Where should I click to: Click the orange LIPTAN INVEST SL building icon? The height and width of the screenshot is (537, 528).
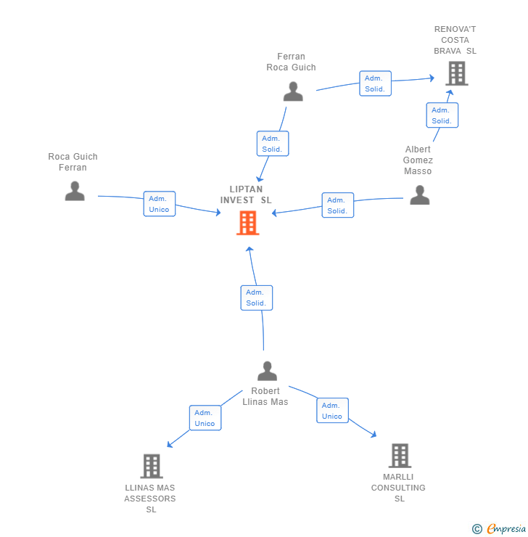[248, 223]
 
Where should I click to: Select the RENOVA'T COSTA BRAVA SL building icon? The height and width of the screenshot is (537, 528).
[457, 73]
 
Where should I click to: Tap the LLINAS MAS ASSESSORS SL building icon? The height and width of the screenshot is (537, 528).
[152, 466]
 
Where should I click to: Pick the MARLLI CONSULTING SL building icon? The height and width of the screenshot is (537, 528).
[400, 456]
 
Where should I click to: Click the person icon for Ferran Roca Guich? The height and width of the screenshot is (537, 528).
[293, 91]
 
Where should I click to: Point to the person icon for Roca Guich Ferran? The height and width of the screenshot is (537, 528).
[75, 191]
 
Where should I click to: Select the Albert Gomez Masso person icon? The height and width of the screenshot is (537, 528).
[419, 195]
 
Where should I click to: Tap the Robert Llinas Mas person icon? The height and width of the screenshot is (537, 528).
[267, 371]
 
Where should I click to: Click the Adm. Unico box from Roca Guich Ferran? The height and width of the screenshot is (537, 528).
[160, 204]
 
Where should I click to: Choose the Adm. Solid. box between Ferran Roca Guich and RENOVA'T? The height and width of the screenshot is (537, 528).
[376, 83]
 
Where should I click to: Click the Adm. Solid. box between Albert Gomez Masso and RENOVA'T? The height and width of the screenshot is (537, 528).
[442, 115]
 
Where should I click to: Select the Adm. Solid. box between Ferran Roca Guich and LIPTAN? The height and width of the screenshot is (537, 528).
[273, 144]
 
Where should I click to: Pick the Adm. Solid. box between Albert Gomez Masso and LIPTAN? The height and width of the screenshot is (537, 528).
[338, 205]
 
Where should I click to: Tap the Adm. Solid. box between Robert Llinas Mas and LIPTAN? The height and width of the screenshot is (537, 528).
[257, 298]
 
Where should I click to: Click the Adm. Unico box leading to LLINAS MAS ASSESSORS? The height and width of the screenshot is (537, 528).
[205, 418]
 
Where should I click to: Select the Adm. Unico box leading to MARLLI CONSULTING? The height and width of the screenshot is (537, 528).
[333, 410]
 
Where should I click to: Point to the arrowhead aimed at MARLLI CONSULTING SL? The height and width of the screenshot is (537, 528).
[374, 434]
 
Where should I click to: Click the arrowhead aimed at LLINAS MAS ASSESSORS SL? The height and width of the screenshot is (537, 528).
[170, 445]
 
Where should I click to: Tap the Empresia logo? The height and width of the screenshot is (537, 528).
[499, 529]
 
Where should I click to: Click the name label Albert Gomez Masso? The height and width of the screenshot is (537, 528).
[418, 160]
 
